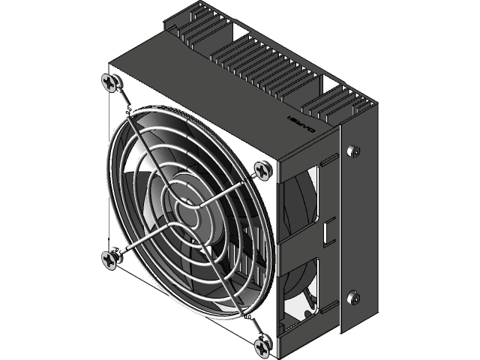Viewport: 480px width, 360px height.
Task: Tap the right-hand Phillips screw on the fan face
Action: (261, 171)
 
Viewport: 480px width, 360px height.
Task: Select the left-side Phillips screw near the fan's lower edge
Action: (110, 258)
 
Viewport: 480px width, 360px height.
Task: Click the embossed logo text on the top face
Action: (301, 124)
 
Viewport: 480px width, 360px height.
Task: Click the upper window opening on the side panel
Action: (301, 195)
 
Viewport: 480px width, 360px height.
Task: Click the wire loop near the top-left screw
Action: (129, 112)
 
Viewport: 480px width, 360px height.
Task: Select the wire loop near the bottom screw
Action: (246, 318)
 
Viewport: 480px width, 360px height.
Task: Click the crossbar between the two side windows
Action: (300, 241)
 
